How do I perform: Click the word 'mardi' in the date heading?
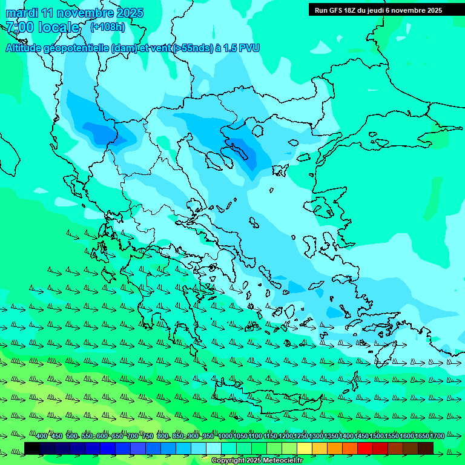22,13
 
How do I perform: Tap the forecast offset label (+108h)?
108,27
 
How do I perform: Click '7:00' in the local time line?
20,27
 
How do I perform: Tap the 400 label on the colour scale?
42,437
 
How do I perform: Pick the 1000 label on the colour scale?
225,437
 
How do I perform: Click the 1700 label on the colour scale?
437,437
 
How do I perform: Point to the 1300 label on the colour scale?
316,437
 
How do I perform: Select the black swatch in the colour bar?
32,448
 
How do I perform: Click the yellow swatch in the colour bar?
305,448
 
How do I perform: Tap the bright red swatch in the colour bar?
365,448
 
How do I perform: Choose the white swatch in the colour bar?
214,448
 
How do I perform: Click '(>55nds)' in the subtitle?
193,48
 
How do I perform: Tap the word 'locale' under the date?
59,27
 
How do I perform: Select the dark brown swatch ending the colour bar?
426,448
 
